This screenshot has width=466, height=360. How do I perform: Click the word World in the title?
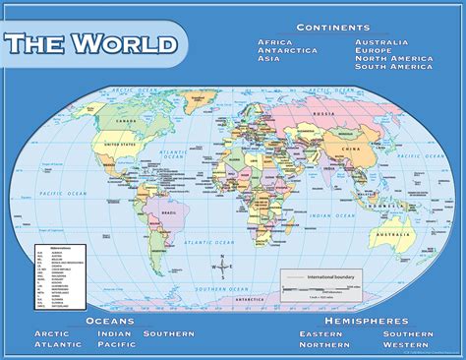point(126,45)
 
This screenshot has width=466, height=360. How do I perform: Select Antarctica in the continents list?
point(288,50)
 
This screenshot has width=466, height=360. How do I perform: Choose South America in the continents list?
point(393,66)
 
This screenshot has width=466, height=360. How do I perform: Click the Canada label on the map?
point(125,121)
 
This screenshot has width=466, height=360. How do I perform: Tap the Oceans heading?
point(110,322)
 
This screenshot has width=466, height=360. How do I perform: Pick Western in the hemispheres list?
point(406,345)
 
